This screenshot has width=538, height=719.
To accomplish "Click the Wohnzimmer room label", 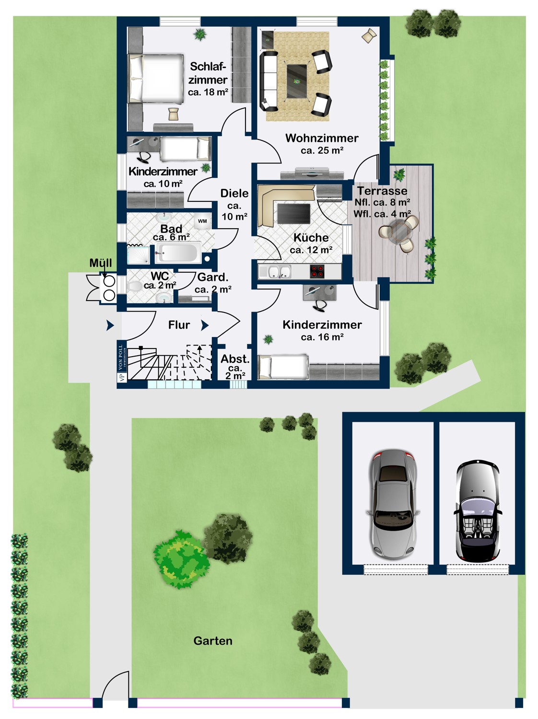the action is pyautogui.click(x=322, y=138).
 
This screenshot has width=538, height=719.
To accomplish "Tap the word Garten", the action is pyautogui.click(x=213, y=640).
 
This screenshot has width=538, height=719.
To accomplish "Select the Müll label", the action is pyautogui.click(x=101, y=263).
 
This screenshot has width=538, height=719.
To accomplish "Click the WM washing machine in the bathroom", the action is pyautogui.click(x=202, y=221).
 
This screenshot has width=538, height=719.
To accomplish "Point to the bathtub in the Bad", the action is pyautogui.click(x=178, y=253).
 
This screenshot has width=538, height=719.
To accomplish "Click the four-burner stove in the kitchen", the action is pyautogui.click(x=317, y=271).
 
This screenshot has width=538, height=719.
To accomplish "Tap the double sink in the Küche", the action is pyautogui.click(x=279, y=272).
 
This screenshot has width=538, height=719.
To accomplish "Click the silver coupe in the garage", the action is pyautogui.click(x=393, y=503).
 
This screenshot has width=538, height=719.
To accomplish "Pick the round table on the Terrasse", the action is pyautogui.click(x=399, y=231).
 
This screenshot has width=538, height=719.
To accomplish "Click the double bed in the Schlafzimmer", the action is pyautogui.click(x=156, y=79).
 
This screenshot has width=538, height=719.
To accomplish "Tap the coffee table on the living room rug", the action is pyautogui.click(x=297, y=81).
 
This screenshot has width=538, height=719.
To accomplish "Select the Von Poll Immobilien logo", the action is pyautogui.click(x=122, y=361).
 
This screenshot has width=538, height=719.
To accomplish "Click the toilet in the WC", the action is pyautogui.click(x=134, y=287).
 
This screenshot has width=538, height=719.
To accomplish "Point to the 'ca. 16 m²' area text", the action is pyautogui.click(x=322, y=337).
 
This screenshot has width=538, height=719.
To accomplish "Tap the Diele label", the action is pyautogui.click(x=234, y=193).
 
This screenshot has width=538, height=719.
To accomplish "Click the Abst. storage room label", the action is pyautogui.click(x=235, y=359).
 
